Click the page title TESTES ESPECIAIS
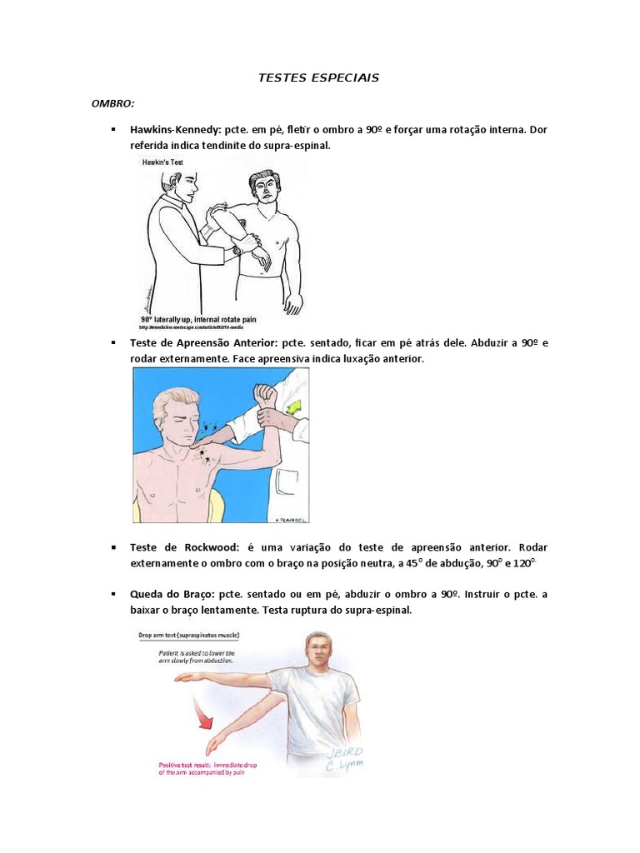tap(320, 77)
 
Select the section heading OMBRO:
tap(112, 103)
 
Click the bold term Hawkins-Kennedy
tap(169, 130)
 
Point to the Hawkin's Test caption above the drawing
tap(162, 162)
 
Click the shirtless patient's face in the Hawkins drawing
tap(265, 188)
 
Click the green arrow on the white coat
tap(294, 407)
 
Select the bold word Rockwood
tap(207, 547)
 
